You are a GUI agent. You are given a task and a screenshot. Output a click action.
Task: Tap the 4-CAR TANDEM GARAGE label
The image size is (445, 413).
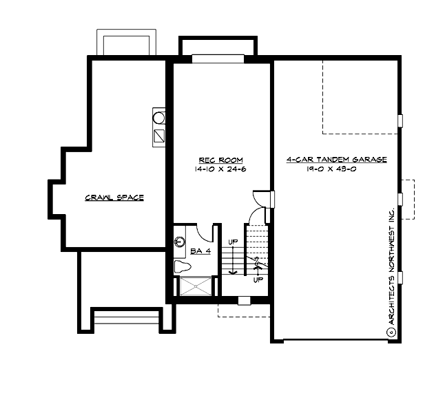click(336, 159)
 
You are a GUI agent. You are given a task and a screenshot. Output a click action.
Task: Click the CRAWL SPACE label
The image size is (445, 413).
click(114, 198)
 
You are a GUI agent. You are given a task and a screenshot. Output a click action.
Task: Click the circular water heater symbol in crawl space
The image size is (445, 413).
click(158, 118)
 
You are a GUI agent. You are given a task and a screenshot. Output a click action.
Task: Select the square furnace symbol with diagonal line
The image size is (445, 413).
click(158, 136)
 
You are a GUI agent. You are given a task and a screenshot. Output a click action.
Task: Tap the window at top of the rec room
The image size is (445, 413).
click(218, 59)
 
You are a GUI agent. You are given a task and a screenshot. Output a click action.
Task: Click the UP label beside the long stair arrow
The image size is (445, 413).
click(234, 243)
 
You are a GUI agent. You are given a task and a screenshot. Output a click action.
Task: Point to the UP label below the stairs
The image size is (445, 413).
click(258, 280)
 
